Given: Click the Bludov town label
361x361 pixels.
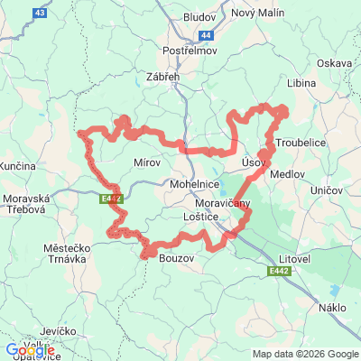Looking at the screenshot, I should click(199, 17).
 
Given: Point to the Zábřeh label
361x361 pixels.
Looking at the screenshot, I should click(162, 79).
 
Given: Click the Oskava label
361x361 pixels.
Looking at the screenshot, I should click(335, 63).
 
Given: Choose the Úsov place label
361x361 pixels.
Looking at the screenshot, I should click(255, 161).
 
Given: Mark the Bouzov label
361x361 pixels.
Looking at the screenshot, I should click(176, 259).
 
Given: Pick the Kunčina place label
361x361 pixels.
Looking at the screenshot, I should click(17, 167).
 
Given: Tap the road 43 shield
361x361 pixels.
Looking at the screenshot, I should click(38, 14).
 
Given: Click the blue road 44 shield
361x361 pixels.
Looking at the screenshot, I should click(207, 35).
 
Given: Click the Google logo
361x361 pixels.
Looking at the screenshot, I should click(30, 350).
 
